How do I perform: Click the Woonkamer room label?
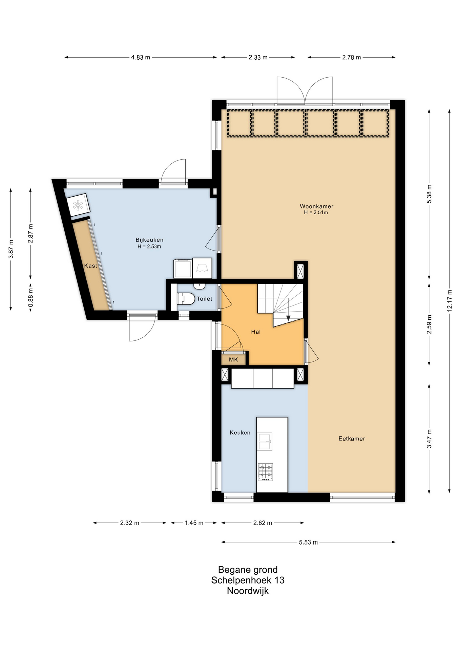(x=316, y=206)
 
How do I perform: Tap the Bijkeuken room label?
(x=149, y=240)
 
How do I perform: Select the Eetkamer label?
(x=352, y=438)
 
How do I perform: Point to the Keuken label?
(x=240, y=432)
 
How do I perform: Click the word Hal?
(x=256, y=332)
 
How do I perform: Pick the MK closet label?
(x=233, y=359)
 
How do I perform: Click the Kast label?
(x=90, y=265)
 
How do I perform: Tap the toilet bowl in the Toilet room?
(x=186, y=299)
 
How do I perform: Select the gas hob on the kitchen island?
(x=265, y=472)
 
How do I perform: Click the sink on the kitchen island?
(x=265, y=441)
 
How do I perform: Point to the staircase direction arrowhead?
(x=288, y=318)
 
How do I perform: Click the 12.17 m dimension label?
(x=449, y=300)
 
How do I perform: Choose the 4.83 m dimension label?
(x=141, y=57)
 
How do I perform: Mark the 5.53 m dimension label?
(x=308, y=542)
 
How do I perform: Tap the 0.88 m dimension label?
(x=30, y=298)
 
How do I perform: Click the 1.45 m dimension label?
(x=194, y=523)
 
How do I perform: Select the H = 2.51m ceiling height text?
(x=316, y=213)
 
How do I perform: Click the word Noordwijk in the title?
(x=248, y=591)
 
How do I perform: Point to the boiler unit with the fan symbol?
(x=78, y=205)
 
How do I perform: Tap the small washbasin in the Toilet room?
(x=200, y=285)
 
